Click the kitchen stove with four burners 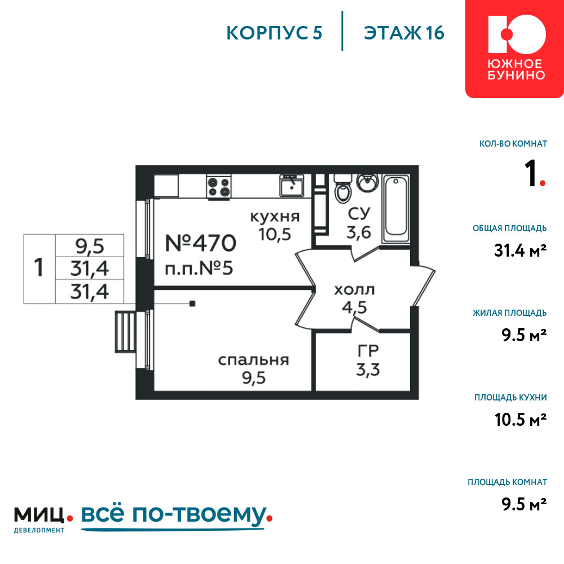coord(219,187)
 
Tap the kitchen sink coord(292,185)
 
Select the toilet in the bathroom coord(342,188)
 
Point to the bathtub coord(396,209)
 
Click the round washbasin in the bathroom coord(367,182)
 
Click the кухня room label coord(275,217)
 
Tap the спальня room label coord(254,360)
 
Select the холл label coord(354,289)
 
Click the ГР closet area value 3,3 coord(368,370)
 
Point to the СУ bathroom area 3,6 coord(359,233)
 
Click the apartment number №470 coord(200,243)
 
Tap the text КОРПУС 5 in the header coord(274,33)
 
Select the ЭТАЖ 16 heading coord(404,33)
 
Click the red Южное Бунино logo coord(515,49)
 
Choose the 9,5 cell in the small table coord(90,246)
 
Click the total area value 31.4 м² coord(520,251)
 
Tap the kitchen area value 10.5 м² coord(521,420)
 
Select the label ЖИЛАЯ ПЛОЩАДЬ coord(509,313)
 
